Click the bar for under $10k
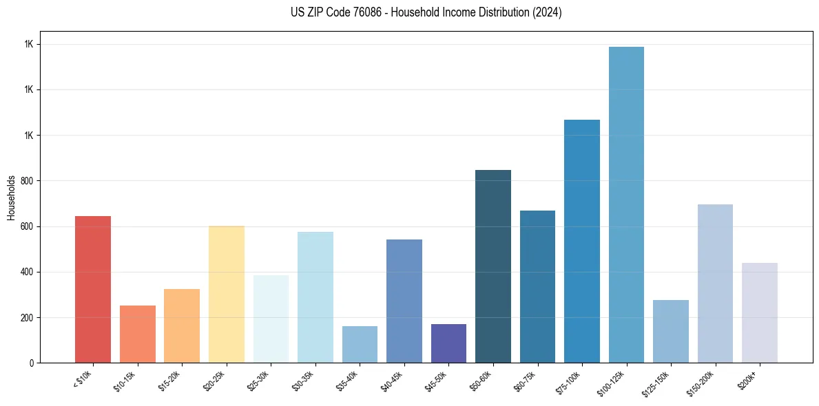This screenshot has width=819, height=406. click(93, 289)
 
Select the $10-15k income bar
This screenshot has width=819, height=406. click(137, 334)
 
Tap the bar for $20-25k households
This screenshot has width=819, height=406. click(227, 294)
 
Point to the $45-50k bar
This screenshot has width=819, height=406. click(448, 343)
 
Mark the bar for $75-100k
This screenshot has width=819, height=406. click(582, 241)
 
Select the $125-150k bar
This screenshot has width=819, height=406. click(671, 331)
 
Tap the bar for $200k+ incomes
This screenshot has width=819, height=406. click(760, 312)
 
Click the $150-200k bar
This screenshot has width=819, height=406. click(715, 284)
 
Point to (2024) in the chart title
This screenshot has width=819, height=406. click(548, 12)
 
